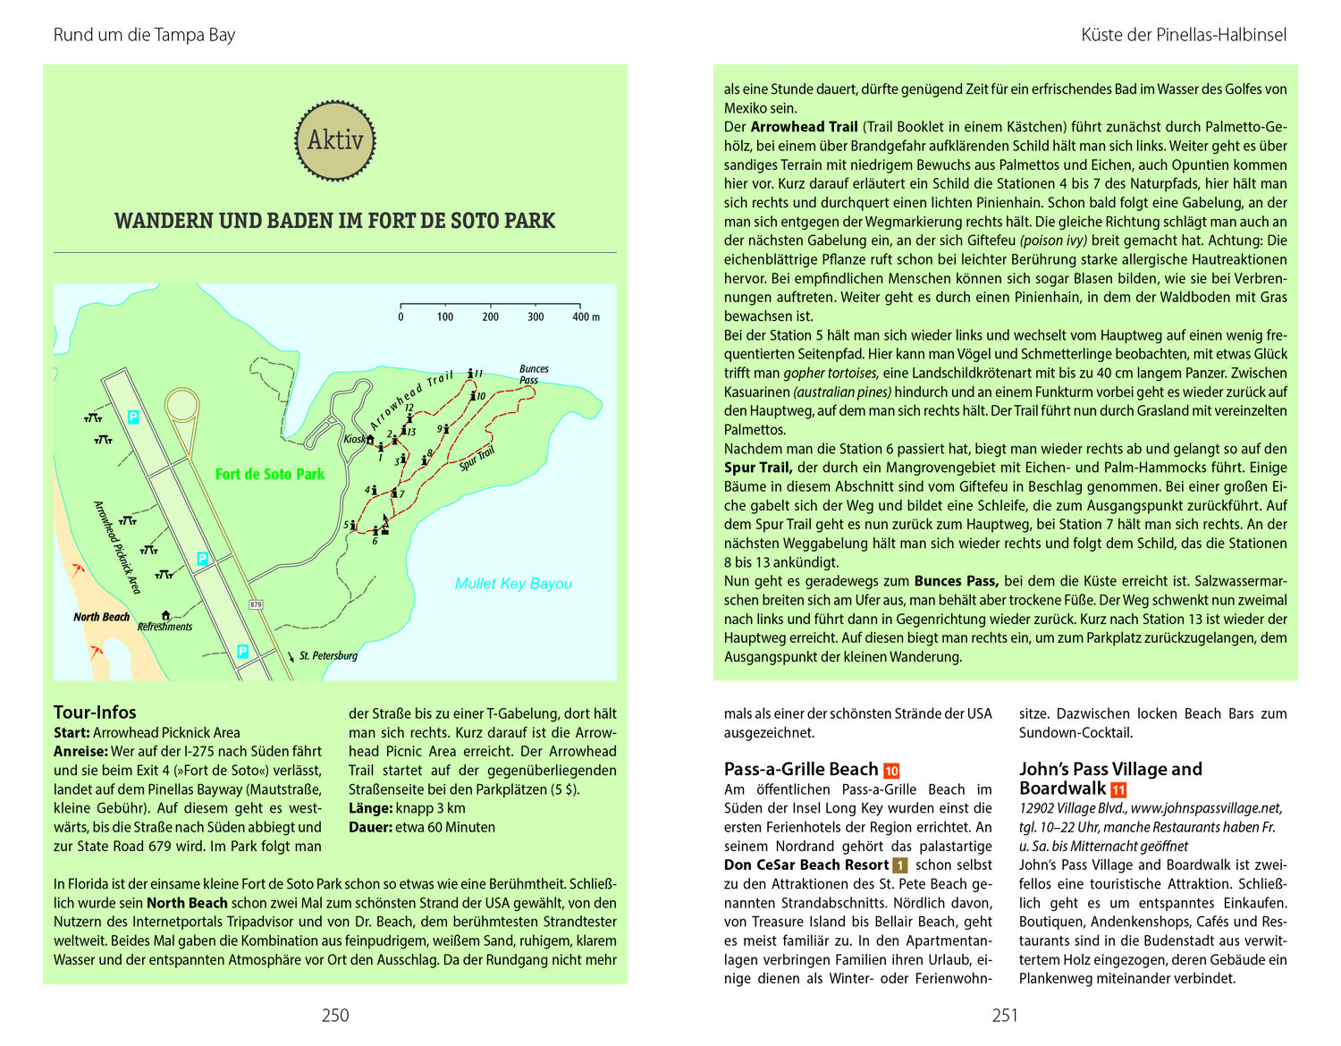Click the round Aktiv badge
(335, 140)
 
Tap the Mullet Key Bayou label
(513, 584)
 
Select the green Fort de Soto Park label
(269, 475)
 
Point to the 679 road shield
(257, 604)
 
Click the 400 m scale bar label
(586, 317)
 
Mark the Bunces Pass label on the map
(534, 374)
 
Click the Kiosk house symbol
(370, 439)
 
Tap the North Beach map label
(101, 617)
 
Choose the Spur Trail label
(477, 459)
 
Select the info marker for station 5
(354, 525)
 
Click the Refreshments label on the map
(165, 627)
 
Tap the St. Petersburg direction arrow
(291, 656)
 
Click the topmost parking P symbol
(134, 417)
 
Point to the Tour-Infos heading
(95, 713)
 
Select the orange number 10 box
(891, 771)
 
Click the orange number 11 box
(1118, 790)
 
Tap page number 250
(335, 1015)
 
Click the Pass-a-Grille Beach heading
(801, 770)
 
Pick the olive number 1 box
(900, 865)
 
